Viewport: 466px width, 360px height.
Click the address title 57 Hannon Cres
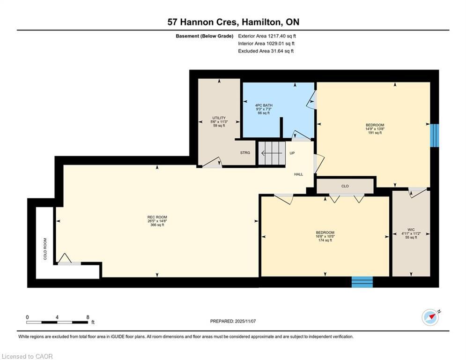coord(233,22)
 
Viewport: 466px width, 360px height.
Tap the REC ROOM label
coord(156,217)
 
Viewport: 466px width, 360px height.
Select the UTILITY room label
coord(219,118)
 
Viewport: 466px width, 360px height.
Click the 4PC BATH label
coord(264,105)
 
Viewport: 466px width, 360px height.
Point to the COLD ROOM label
coord(45,248)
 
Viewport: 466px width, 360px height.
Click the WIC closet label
coord(411,230)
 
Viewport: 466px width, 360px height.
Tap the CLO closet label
coord(345,186)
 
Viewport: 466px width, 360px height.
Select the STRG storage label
coord(245,153)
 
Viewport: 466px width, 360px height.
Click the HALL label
coord(298,174)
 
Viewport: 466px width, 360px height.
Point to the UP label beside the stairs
coord(292,153)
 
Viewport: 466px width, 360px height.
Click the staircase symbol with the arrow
coord(272,153)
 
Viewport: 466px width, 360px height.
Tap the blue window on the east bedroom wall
coord(435,135)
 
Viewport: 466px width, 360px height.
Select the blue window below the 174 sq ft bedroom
coord(362,282)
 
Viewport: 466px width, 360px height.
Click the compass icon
coord(430,317)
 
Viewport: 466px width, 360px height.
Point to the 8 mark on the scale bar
coord(88,317)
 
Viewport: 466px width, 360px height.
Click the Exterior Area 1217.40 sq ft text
coord(267,36)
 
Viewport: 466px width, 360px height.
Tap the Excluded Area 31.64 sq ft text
coord(266,51)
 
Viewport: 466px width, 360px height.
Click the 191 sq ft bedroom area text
coord(375,133)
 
